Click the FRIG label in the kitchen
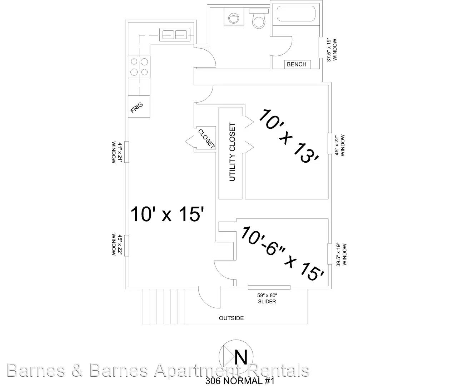tap(136, 108)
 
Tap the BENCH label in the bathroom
tap(297, 64)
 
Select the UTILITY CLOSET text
tap(232, 152)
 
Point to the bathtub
tap(296, 14)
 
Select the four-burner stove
tap(139, 67)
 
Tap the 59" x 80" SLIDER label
tap(267, 298)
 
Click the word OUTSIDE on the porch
tap(231, 318)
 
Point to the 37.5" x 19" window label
tap(331, 50)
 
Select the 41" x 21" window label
tap(117, 152)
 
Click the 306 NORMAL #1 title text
tap(239, 381)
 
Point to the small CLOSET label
tap(206, 138)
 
